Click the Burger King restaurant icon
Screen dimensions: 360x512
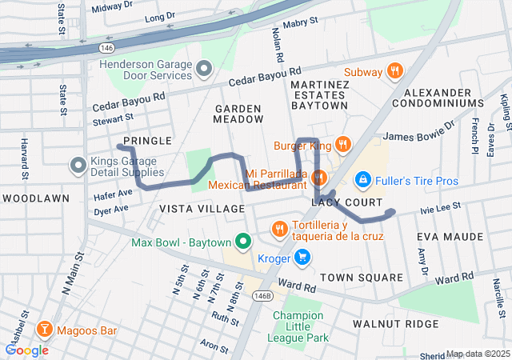342,145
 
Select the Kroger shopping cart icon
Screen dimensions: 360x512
302,258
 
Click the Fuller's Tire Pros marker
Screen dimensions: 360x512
362,178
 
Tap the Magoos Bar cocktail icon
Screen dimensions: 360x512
46,330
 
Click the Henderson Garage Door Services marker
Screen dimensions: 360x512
203,69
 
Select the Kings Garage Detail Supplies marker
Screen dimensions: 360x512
78,166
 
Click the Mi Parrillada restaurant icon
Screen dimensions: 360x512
318,177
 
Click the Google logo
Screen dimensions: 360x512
26,350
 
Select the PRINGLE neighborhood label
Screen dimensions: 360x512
148,141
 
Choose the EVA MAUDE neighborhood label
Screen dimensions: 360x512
450,238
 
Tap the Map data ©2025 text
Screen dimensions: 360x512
477,354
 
